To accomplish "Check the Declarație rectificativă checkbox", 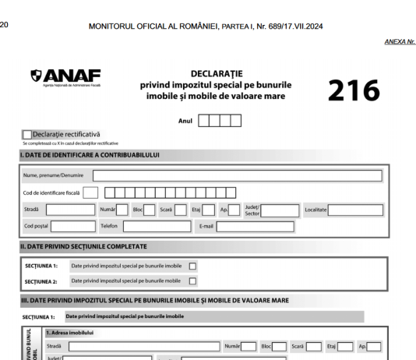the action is click(x=28, y=135).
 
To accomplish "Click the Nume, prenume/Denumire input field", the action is click(x=237, y=175).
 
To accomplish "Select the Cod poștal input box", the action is click(x=69, y=227).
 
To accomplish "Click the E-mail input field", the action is click(x=255, y=227).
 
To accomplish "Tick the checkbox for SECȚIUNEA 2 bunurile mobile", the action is click(x=193, y=280).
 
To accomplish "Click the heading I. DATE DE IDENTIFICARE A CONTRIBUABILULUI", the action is click(x=90, y=154).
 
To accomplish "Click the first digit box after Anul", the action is click(x=205, y=121).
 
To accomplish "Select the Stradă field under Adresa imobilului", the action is click(x=143, y=346).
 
